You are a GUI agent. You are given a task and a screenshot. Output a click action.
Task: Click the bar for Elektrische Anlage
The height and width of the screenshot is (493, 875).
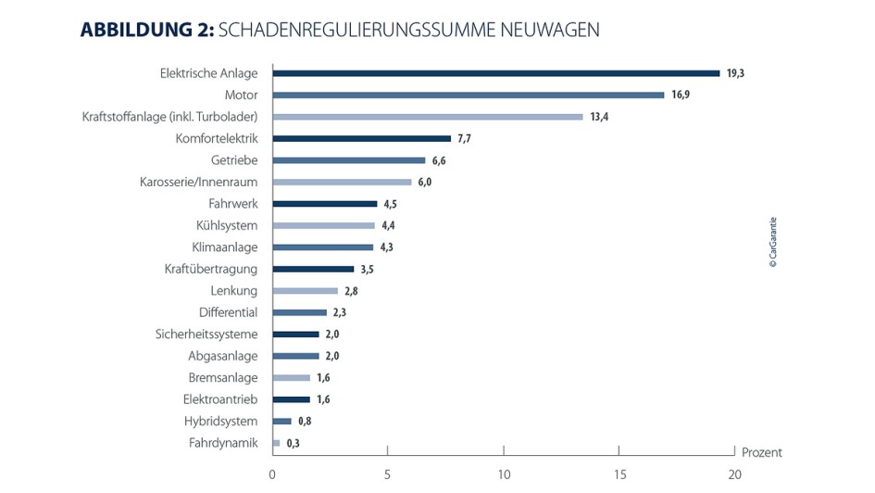pyautogui.click(x=495, y=73)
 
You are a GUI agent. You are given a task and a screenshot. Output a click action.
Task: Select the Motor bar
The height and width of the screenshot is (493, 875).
pyautogui.click(x=468, y=95)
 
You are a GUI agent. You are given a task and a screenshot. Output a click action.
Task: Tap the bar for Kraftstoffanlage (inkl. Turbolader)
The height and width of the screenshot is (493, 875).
pyautogui.click(x=427, y=117)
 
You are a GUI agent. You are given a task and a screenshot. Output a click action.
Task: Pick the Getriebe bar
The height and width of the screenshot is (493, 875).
pyautogui.click(x=348, y=160)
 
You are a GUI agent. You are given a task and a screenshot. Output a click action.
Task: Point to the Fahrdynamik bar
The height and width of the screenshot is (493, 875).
pyautogui.click(x=276, y=443)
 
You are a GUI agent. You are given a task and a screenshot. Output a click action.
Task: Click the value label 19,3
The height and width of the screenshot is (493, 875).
pyautogui.click(x=735, y=73)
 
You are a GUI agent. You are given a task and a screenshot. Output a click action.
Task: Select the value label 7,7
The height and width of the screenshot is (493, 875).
pyautogui.click(x=466, y=138)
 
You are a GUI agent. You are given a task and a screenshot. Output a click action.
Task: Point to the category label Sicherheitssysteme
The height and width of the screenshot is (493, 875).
pyautogui.click(x=206, y=335)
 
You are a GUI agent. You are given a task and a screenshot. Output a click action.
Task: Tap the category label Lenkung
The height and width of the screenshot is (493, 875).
pyautogui.click(x=233, y=291)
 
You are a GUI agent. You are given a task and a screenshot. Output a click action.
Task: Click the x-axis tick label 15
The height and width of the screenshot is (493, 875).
pyautogui.click(x=619, y=474)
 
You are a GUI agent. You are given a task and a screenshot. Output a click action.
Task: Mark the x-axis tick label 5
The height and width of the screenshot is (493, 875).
pyautogui.click(x=387, y=474)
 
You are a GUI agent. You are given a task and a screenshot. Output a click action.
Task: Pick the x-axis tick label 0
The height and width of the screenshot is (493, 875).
pyautogui.click(x=272, y=474)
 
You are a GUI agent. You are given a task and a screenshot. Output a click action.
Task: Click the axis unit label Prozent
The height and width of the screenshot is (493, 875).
pyautogui.click(x=761, y=453)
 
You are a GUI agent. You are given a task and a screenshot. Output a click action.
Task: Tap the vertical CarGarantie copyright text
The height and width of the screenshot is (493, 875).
pyautogui.click(x=773, y=243)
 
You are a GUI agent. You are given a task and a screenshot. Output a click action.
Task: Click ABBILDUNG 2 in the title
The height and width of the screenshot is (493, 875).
pyautogui.click(x=146, y=30)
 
